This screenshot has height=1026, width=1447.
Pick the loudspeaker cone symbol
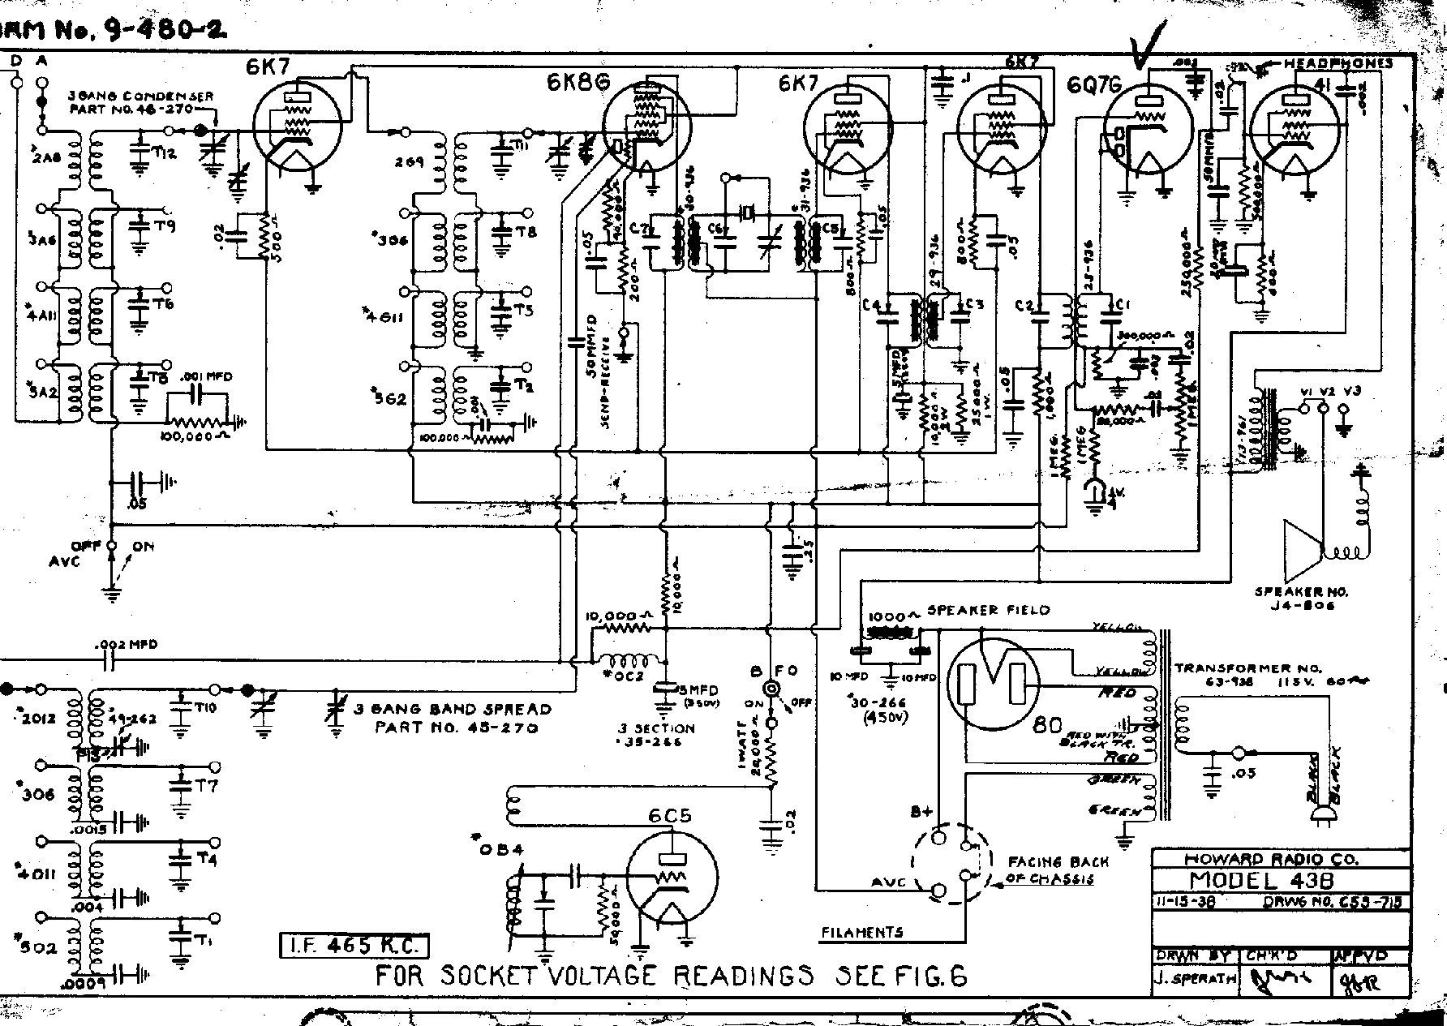pyautogui.click(x=1303, y=552)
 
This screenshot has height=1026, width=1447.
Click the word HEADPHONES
pyautogui.click(x=1338, y=63)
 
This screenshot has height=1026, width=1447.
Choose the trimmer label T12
pyautogui.click(x=165, y=155)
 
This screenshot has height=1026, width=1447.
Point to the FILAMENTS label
pyautogui.click(x=861, y=933)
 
